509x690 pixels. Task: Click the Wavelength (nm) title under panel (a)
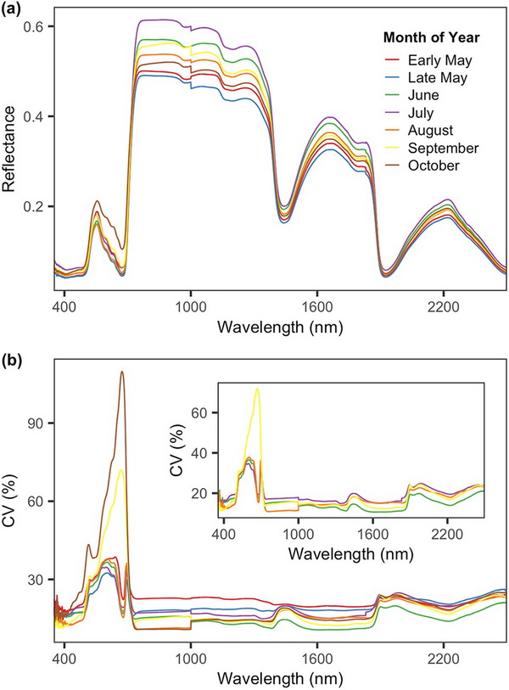click(280, 326)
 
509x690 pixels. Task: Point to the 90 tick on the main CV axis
click(36, 423)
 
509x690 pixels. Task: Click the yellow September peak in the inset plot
click(257, 389)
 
